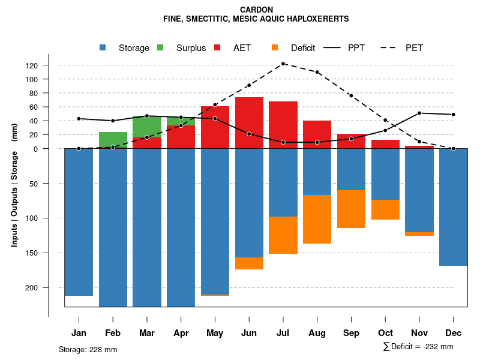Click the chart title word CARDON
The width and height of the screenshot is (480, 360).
click(x=256, y=10)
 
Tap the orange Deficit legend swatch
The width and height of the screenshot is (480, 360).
click(x=275, y=48)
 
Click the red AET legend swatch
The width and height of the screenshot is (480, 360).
click(x=217, y=48)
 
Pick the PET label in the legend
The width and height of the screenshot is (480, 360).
click(x=414, y=48)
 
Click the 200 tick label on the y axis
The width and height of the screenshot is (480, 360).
click(x=49, y=288)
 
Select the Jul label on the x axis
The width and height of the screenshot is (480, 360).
click(x=283, y=333)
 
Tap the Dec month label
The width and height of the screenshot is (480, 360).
click(x=454, y=333)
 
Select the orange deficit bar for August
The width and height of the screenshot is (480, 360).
click(x=317, y=220)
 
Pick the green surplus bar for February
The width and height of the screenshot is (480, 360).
click(x=113, y=140)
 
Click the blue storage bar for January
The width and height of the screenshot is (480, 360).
click(x=79, y=222)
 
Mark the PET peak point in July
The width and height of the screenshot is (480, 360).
click(x=283, y=64)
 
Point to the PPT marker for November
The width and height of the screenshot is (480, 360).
click(x=419, y=113)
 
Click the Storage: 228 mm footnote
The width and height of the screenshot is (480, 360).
click(x=88, y=349)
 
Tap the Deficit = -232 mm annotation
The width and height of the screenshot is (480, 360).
click(x=418, y=347)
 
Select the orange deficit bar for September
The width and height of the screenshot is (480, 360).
click(x=352, y=209)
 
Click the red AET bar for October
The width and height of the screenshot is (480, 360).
click(x=386, y=144)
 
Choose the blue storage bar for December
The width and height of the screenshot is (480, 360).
click(x=454, y=207)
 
